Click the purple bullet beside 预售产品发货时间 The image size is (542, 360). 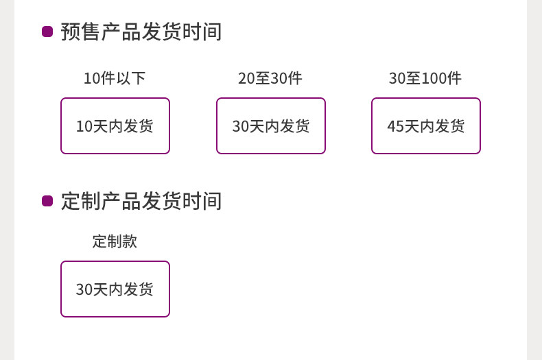coord(47,32)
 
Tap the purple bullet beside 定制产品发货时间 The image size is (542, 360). coord(47,201)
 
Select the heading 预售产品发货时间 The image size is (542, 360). coord(141,32)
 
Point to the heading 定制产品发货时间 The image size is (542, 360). coord(141,201)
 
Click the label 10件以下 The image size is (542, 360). coord(115,78)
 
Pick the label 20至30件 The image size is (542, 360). coord(270,78)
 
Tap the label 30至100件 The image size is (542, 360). coord(425,78)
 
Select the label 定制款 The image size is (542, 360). coord(115,241)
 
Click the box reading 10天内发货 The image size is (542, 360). coord(115,126)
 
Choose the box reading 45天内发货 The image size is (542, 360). coord(425,126)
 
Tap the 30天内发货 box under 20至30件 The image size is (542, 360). coord(270,126)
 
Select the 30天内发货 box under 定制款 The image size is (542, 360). coord(115,289)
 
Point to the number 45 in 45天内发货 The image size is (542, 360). coord(395,126)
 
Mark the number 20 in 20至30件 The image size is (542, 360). coord(246,78)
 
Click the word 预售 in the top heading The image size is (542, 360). coord(81,32)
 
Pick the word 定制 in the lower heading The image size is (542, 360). coord(81,201)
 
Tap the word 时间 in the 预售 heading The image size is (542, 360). coord(202,32)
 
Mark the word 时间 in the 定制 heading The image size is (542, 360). coord(202,201)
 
